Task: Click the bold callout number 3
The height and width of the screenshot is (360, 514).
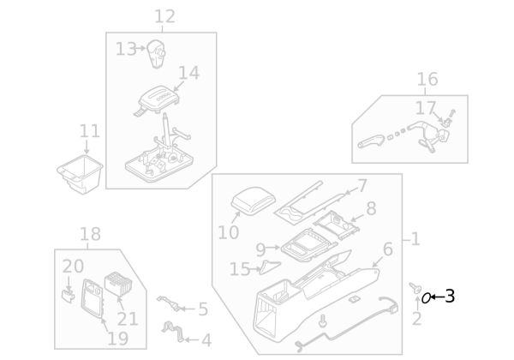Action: pos(449,297)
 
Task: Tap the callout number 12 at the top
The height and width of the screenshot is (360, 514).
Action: pos(164,16)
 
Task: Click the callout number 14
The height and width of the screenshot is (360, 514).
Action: pos(189,74)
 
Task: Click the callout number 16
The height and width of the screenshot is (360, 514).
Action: pos(427,80)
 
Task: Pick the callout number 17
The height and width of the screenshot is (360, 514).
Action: pos(426,108)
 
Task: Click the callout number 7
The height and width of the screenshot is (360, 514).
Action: pos(362,186)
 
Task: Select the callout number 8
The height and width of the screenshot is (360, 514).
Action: pos(371,208)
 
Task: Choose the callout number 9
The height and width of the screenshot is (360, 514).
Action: pos(261,250)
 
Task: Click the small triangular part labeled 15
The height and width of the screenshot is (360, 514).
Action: pos(271,266)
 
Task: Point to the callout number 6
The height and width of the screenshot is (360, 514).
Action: pos(387,249)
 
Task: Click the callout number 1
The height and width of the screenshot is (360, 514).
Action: pos(415,239)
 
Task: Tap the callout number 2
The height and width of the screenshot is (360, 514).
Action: pos(416,320)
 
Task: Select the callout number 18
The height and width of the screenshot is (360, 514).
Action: pos(90,234)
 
